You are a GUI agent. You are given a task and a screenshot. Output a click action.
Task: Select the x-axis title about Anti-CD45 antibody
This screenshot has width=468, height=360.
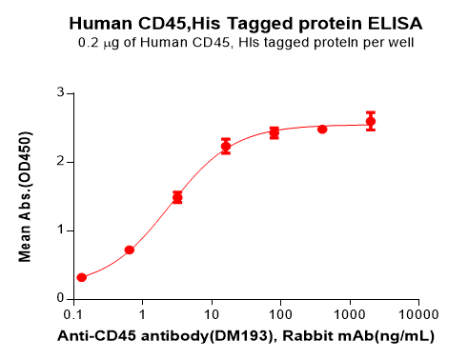pyautogui.click(x=247, y=336)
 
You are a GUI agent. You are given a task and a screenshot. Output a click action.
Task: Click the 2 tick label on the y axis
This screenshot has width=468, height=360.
pyautogui.click(x=59, y=162)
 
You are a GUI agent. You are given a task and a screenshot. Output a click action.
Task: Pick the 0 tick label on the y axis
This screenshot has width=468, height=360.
pyautogui.click(x=59, y=298)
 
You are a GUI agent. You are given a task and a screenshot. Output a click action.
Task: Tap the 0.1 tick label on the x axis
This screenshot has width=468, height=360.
pyautogui.click(x=73, y=314)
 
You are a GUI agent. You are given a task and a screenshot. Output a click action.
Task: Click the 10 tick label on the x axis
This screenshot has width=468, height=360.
pyautogui.click(x=211, y=314)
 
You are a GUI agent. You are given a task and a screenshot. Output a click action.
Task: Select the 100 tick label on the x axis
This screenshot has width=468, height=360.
pyautogui.click(x=279, y=314)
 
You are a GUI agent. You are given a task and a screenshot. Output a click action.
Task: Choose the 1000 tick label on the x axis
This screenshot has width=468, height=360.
pyautogui.click(x=348, y=314)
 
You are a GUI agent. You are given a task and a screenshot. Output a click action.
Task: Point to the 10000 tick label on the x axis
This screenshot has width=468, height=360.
pyautogui.click(x=417, y=314)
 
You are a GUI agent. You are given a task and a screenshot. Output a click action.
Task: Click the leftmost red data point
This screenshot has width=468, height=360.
pyautogui.click(x=82, y=277)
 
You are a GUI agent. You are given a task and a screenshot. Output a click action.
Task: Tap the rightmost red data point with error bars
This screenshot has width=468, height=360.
pyautogui.click(x=371, y=121)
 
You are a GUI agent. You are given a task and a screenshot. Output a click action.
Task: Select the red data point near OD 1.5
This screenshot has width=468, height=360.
pyautogui.click(x=177, y=197)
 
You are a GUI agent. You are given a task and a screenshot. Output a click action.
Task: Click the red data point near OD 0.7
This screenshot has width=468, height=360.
pyautogui.click(x=130, y=250)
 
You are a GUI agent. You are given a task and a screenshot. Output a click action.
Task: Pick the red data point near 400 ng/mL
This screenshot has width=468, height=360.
pyautogui.click(x=322, y=129)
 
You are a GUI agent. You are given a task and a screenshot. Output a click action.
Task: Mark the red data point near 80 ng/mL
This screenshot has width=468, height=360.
pyautogui.click(x=274, y=132)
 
